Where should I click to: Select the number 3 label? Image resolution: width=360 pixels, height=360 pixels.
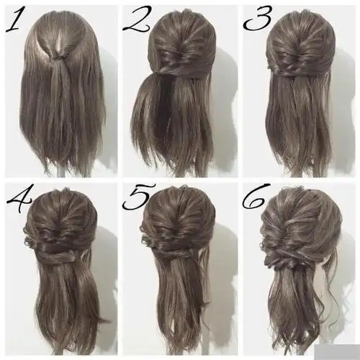(258, 20)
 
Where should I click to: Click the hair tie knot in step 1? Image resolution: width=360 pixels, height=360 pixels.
(58, 58)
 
